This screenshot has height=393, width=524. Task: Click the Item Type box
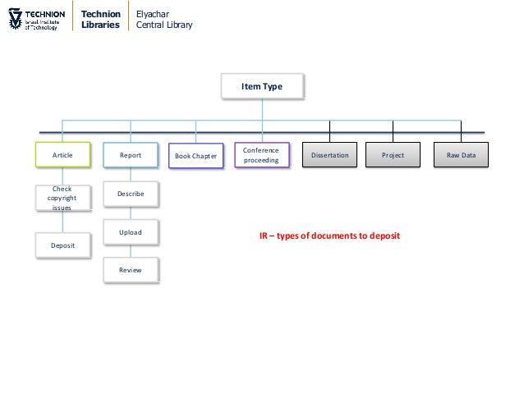(262, 85)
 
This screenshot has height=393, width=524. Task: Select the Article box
(62, 154)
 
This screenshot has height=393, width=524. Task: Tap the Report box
(131, 154)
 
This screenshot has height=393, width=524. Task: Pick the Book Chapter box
(195, 155)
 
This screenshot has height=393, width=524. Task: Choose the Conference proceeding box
(261, 154)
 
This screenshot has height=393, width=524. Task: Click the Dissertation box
(329, 154)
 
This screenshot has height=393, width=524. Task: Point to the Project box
(393, 154)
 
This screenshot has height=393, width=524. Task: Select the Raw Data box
(461, 154)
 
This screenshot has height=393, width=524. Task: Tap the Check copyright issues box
(62, 198)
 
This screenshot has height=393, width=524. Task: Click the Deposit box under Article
(62, 245)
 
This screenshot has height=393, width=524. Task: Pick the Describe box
(131, 194)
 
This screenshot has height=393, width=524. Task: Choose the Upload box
(131, 232)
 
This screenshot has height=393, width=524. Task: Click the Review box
(131, 269)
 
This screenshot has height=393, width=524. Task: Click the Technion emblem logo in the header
(12, 19)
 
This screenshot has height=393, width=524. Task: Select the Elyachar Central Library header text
(164, 19)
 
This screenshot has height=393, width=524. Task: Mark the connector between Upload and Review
(131, 251)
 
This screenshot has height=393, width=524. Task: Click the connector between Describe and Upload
(131, 213)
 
